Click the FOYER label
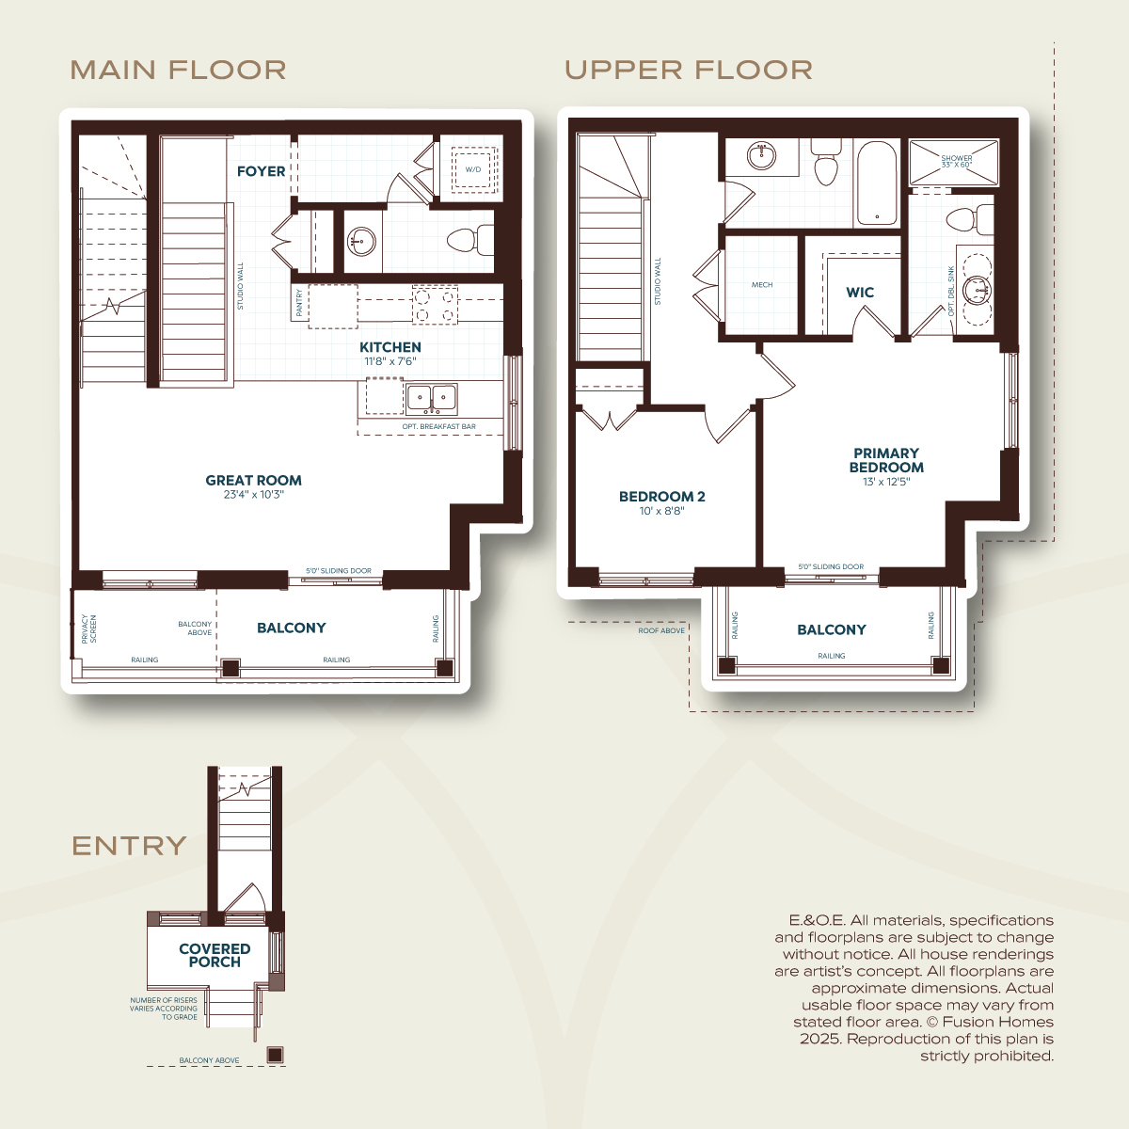tap(261, 171)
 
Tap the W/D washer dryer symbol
tap(473, 169)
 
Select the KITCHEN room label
tap(390, 347)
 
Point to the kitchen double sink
tap(432, 398)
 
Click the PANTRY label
tap(299, 302)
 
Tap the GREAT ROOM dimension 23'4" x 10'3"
tap(254, 495)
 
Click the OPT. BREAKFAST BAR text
tap(438, 426)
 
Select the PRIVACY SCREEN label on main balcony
tap(89, 628)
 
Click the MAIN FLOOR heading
tap(178, 70)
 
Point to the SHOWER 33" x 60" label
tap(957, 161)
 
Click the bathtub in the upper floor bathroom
tap(877, 183)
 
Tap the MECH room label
tap(762, 285)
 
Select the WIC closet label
tap(860, 293)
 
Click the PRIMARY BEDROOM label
tap(886, 460)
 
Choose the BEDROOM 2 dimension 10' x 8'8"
tap(662, 511)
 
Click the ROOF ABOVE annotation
tap(661, 631)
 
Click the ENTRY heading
tap(129, 846)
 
